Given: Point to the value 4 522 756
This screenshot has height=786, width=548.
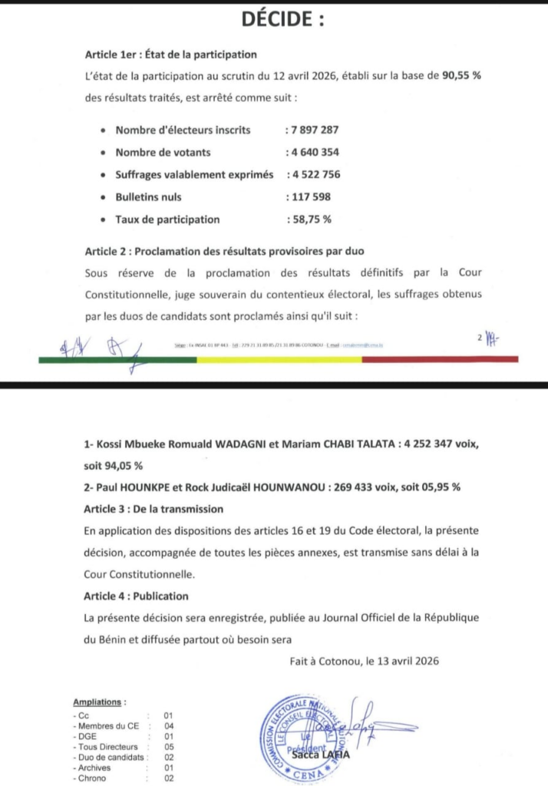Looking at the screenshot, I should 315,174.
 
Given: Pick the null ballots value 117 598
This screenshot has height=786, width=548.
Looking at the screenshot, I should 310,196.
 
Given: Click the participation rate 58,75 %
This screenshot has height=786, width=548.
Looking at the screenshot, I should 311,219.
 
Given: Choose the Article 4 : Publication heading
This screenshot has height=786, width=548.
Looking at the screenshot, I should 136,595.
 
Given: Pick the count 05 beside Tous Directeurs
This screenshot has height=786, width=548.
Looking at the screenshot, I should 169,746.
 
